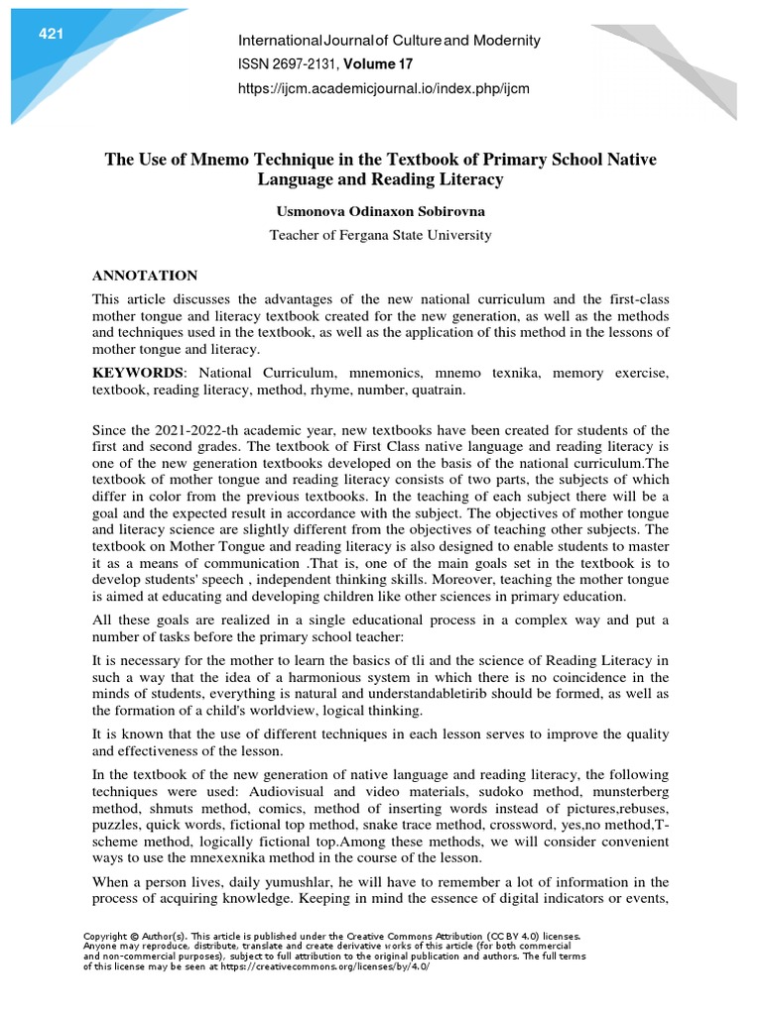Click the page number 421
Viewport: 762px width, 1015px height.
coord(51,35)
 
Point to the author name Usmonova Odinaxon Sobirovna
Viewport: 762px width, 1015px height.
coord(381,211)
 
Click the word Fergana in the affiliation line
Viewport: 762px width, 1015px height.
coord(364,236)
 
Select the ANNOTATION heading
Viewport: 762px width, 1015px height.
coord(145,276)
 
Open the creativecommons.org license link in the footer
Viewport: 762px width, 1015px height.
coord(342,966)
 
